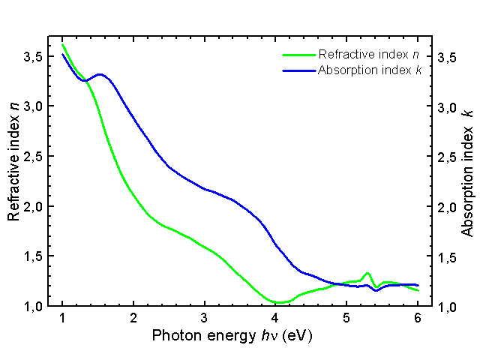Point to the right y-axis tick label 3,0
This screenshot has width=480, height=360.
point(447,107)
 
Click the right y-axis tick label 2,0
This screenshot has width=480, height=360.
point(447,207)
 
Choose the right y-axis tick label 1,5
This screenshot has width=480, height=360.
point(447,257)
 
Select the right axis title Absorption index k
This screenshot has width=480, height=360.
point(467,172)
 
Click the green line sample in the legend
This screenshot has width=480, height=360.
point(298,55)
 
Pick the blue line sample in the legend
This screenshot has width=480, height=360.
point(298,70)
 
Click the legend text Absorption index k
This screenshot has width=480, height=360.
point(369,70)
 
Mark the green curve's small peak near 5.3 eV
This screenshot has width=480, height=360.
point(367,274)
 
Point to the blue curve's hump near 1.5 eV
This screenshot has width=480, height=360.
point(100,74)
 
